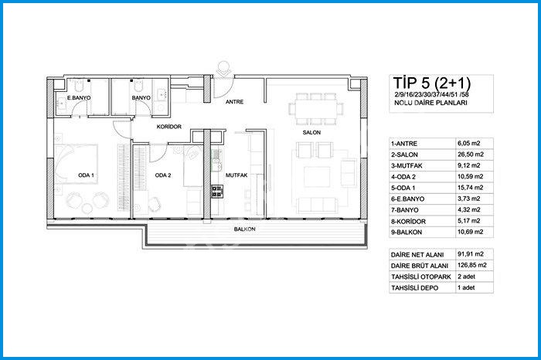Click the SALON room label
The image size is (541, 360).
(311, 132)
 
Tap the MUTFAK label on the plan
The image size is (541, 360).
(236, 175)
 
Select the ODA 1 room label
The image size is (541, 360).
(86, 175)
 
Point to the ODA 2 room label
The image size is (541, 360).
(163, 175)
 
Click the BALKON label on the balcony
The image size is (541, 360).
(245, 229)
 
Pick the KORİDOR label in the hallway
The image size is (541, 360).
(169, 127)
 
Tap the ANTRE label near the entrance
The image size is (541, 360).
(235, 102)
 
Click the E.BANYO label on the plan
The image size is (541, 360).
(79, 97)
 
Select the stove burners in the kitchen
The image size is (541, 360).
(217, 191)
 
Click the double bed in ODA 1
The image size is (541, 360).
(77, 164)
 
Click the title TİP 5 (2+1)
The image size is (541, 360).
(431, 83)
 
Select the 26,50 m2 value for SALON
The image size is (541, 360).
(471, 155)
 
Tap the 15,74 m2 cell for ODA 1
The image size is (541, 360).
(470, 188)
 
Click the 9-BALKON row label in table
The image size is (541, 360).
(407, 232)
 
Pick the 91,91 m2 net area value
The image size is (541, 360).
(471, 254)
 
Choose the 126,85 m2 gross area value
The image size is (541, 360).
(472, 265)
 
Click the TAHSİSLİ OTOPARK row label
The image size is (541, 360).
(421, 277)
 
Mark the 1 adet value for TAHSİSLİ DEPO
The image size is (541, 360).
(466, 287)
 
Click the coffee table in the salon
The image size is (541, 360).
(317, 177)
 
